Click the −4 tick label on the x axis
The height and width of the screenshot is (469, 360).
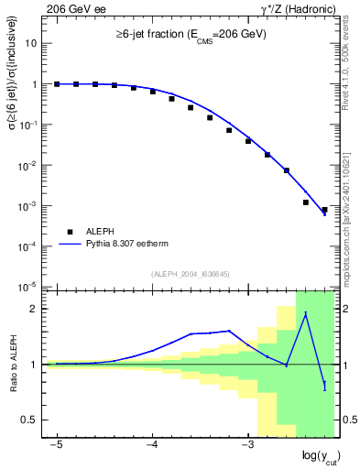pyautogui.click(x=151, y=444)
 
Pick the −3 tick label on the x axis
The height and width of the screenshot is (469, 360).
pyautogui.click(x=246, y=444)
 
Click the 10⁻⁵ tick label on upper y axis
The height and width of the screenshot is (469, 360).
pyautogui.click(x=30, y=287)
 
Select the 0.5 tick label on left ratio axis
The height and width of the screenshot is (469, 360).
pyautogui.click(x=30, y=420)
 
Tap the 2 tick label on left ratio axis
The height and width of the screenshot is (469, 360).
pyautogui.click(x=35, y=309)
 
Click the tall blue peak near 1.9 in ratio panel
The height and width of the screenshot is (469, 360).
pyautogui.click(x=305, y=314)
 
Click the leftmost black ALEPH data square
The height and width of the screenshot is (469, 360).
pyautogui.click(x=57, y=84)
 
